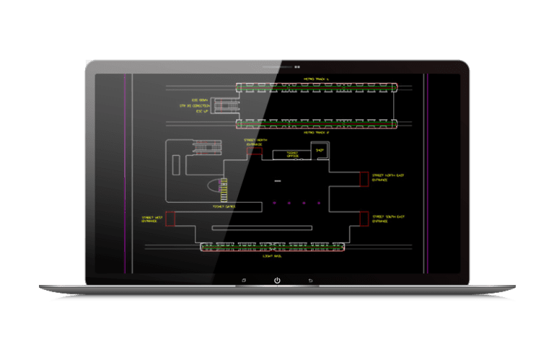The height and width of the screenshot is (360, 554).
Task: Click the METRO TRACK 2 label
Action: click(317, 133)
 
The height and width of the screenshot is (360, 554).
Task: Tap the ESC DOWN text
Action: click(200, 100)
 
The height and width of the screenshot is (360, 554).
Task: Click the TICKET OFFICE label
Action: click(291, 154)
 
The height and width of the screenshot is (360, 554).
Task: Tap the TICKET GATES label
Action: click(224, 206)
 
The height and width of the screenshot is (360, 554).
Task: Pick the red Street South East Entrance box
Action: click(364, 217)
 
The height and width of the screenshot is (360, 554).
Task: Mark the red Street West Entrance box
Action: click(170, 219)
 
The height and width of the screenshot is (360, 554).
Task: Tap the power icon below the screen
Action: click(277, 280)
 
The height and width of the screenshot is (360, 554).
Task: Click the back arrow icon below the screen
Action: click(310, 280)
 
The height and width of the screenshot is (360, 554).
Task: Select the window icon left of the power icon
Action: click(244, 280)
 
